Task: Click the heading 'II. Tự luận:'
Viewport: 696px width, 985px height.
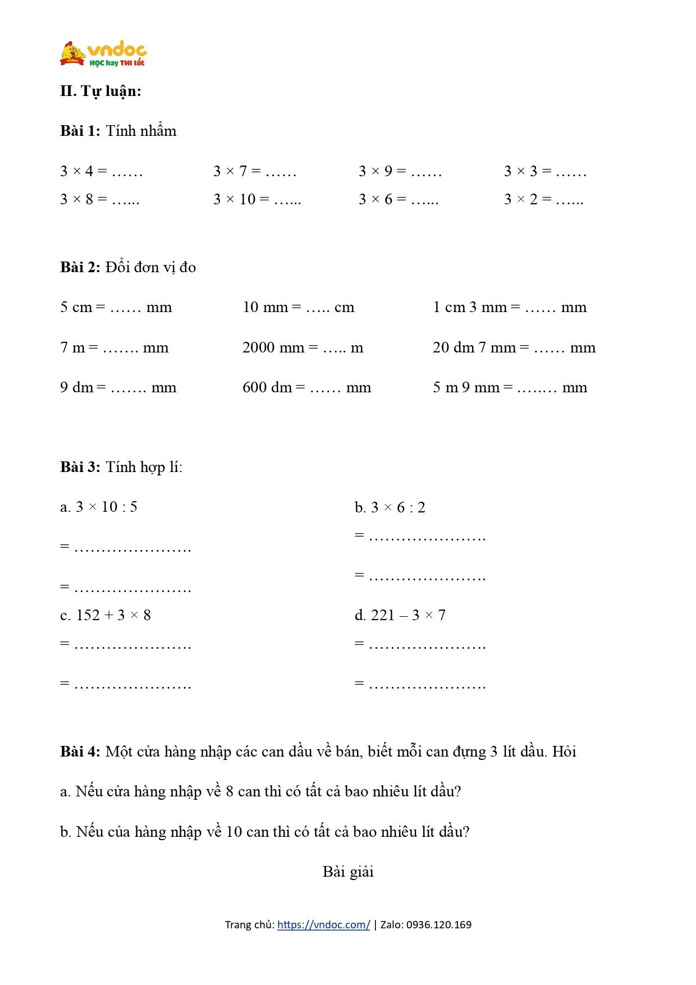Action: coord(101,91)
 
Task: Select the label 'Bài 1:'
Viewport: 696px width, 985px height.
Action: coord(80,131)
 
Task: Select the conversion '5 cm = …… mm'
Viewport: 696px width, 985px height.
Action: coord(116,307)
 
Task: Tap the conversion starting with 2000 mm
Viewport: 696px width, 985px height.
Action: coord(303,347)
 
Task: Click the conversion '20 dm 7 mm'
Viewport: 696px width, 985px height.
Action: coord(514,347)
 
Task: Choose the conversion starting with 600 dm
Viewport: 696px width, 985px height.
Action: coord(306,387)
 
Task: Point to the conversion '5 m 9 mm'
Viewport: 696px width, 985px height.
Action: coord(510,387)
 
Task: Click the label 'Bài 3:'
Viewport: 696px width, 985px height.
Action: coord(80,467)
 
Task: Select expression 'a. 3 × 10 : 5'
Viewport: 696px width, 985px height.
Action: coord(99,507)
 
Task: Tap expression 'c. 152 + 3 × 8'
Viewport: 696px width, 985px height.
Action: coord(106,615)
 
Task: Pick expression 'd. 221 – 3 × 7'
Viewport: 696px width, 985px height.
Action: coord(400,615)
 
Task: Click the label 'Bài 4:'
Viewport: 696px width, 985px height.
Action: coord(80,752)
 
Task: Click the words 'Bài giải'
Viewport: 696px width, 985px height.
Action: coord(348,872)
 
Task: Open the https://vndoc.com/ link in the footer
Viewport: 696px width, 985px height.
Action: coord(323,924)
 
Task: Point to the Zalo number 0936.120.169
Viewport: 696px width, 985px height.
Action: coord(438,924)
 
